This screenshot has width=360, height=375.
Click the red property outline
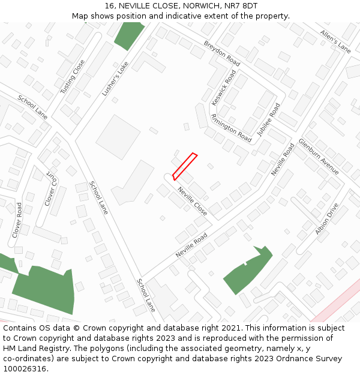click(185, 166)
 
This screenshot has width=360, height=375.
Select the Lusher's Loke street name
click(115, 79)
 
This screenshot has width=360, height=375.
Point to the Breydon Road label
click(222, 54)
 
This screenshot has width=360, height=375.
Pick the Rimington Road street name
click(231, 128)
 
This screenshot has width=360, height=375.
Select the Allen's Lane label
click(335, 41)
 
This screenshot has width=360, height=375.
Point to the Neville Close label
click(192, 201)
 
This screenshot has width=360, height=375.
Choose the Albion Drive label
click(327, 219)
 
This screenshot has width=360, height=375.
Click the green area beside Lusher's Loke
click(128, 36)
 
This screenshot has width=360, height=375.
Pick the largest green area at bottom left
click(45, 288)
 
